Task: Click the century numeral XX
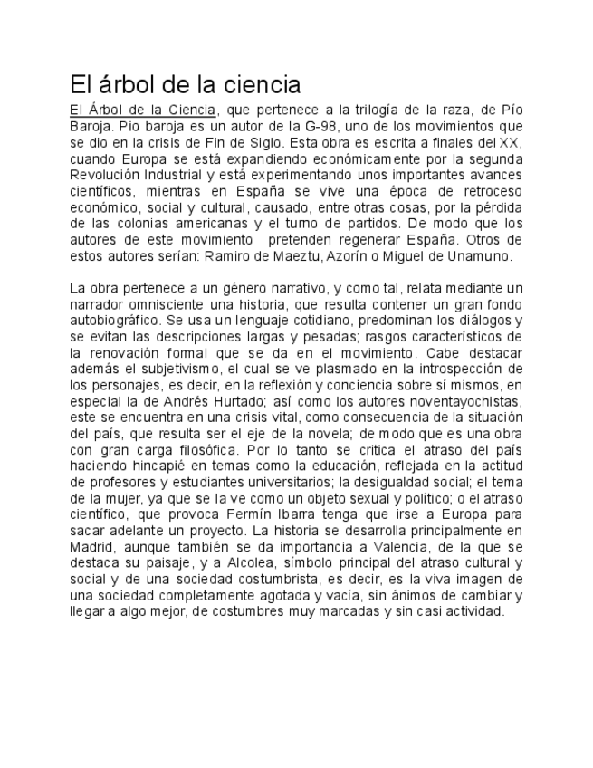click(x=510, y=143)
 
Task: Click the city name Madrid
click(x=91, y=547)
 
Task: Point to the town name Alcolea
click(x=250, y=563)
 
